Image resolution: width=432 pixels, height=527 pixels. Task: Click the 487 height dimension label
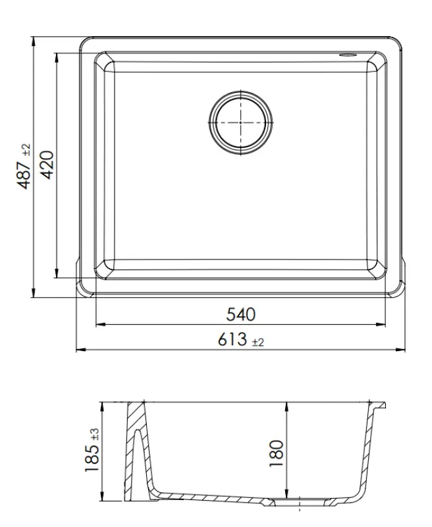[24, 172]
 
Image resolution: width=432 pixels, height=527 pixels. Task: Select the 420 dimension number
[47, 165]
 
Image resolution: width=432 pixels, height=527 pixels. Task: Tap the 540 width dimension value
[240, 314]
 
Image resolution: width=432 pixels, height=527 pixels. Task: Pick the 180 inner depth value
[277, 453]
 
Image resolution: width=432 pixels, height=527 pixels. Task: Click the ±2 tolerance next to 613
[257, 342]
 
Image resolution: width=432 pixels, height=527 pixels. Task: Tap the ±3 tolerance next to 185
[94, 433]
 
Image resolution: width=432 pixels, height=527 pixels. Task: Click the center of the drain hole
[240, 121]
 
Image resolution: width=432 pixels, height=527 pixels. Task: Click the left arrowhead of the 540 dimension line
[99, 324]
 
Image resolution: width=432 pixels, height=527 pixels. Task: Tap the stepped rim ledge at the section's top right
[378, 404]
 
